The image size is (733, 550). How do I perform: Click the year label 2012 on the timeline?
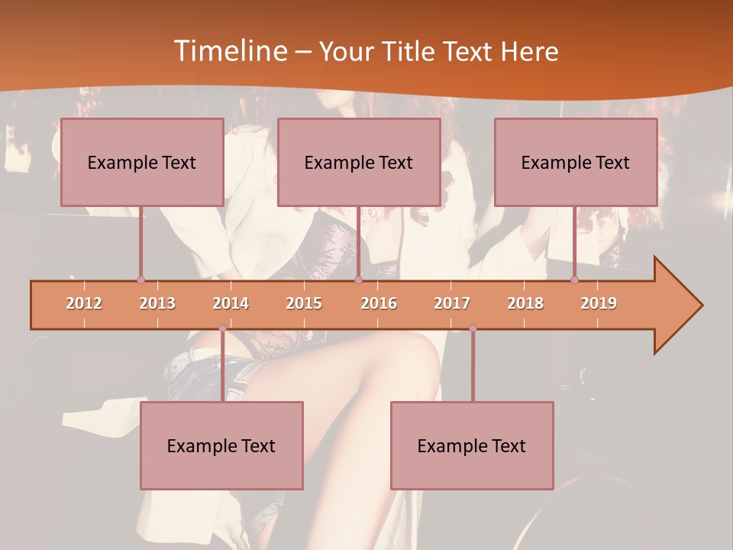84,303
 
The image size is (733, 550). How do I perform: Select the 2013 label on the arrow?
157,303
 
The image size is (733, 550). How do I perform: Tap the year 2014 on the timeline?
231,303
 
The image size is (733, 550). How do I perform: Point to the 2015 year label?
304,303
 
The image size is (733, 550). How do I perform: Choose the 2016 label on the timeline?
379,303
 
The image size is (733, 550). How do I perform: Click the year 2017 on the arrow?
452,303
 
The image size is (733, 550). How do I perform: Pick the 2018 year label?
525,303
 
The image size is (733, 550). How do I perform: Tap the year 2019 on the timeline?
599,303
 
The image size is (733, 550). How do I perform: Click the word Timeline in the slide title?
228,51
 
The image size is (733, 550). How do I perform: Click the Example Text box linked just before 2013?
142,162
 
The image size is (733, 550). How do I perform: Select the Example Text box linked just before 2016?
359,162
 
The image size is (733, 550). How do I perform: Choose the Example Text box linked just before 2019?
576,162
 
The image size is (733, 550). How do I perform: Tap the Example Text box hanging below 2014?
221,445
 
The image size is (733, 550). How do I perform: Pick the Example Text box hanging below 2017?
472,445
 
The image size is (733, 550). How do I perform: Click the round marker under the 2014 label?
222,328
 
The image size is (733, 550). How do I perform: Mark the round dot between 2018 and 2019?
575,280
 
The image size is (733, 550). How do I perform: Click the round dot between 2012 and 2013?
140,280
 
